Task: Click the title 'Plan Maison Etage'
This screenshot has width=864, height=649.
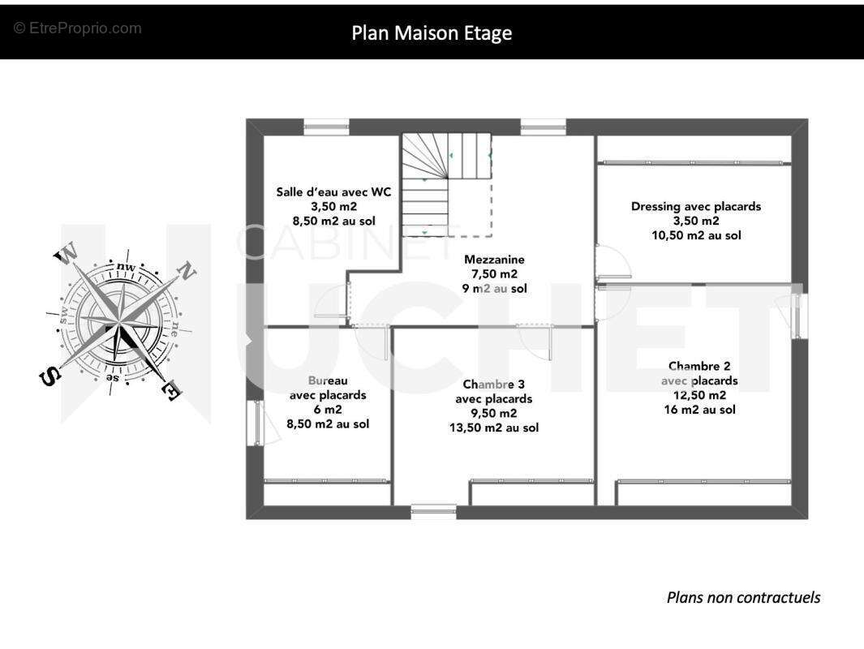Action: coord(432,32)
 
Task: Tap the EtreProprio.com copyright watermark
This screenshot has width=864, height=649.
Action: coord(78,28)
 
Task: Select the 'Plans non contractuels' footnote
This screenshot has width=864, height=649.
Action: coord(743,598)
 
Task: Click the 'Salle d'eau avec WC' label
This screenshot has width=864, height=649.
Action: coord(333,192)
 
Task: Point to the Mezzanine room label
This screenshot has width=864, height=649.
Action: coord(494,260)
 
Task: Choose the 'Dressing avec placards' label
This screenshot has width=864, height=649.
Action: coord(696,206)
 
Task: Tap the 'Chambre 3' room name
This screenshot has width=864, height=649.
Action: coord(493,384)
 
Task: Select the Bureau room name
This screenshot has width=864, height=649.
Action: coord(328,380)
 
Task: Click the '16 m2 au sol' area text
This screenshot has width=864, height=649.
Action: coord(699,410)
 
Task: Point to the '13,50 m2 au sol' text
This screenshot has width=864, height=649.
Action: coord(493,428)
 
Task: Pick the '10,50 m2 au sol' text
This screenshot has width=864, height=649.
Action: coord(696,235)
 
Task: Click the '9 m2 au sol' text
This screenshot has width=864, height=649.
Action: coord(494,288)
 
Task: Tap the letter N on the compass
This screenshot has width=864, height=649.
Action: coord(185,271)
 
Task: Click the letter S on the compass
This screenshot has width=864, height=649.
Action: coord(49,376)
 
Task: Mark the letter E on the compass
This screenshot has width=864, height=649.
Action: coord(172,391)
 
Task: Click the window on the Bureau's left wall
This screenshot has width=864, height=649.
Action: coord(255,422)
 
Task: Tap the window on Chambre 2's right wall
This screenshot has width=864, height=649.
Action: coord(800,316)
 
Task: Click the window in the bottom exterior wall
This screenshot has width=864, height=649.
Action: coord(433,510)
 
